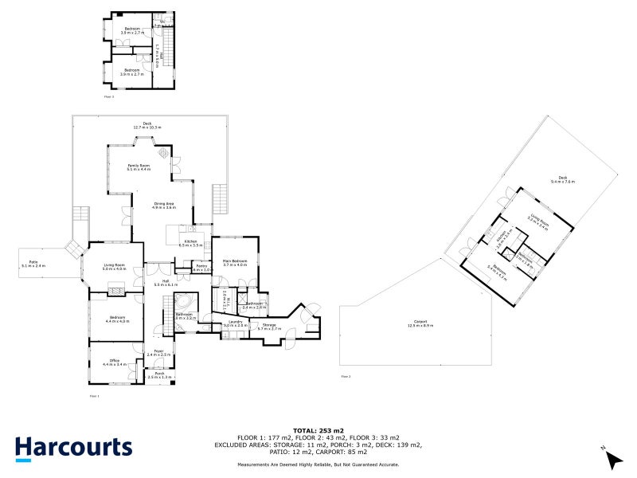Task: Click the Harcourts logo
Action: click(72, 448)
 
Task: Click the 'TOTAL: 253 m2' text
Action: click(318, 431)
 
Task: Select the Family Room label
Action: click(139, 167)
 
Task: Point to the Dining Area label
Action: click(164, 205)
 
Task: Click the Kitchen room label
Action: click(191, 242)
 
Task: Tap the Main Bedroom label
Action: click(235, 263)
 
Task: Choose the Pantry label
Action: click(202, 268)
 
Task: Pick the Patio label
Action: click(33, 263)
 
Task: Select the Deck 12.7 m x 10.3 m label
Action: click(147, 125)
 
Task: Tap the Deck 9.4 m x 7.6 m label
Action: click(562, 180)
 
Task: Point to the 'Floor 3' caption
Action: click(109, 96)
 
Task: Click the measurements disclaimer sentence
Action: click(318, 464)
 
